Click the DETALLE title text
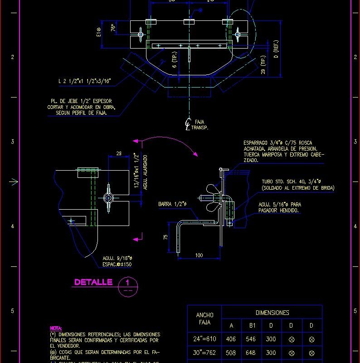click(x=93, y=282)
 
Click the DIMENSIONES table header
click(x=272, y=313)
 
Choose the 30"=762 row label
click(x=204, y=352)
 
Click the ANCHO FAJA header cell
click(x=204, y=319)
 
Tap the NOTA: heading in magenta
click(x=56, y=328)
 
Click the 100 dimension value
click(x=199, y=255)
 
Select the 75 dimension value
click(x=166, y=236)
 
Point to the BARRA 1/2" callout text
click(x=172, y=204)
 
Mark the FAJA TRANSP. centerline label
click(x=198, y=125)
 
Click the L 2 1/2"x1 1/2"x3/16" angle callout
click(x=84, y=81)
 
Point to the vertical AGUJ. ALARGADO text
click(x=146, y=172)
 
